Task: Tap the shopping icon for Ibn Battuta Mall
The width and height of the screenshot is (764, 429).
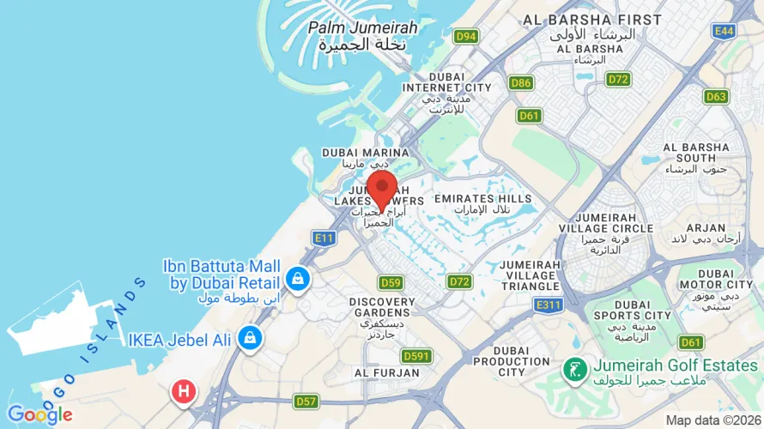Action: [x=297, y=280]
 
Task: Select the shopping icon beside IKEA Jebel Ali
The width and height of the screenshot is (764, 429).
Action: [x=250, y=337]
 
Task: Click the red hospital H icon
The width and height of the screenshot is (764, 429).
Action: [x=183, y=393]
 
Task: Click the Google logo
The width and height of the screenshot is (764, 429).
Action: [x=39, y=415]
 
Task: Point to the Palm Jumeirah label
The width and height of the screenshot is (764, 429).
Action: [x=362, y=28]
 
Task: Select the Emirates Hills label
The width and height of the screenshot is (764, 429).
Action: [x=482, y=199]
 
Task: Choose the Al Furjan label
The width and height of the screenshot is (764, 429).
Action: [x=386, y=373]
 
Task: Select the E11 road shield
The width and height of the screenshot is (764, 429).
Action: [x=324, y=238]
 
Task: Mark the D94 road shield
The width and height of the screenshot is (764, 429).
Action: [x=466, y=36]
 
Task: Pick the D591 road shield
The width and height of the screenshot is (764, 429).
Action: [x=416, y=356]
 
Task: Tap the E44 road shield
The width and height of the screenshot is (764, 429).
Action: [x=724, y=31]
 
